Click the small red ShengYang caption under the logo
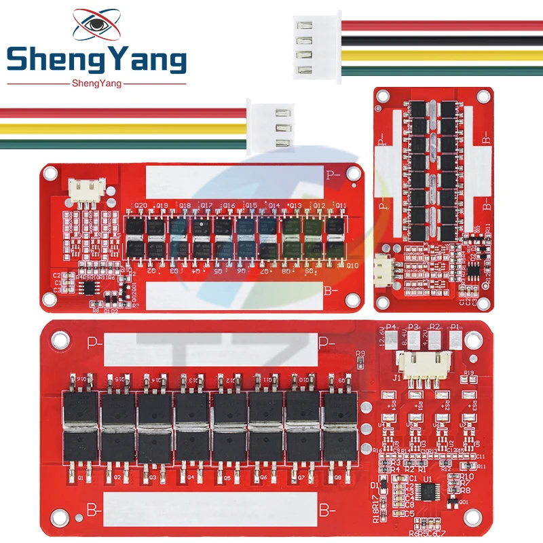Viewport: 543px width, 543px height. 96,83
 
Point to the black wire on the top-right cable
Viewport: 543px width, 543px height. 441,40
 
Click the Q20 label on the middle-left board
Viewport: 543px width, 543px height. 141,205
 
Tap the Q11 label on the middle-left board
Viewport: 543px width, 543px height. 341,205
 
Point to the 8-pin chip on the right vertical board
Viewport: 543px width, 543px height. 470,269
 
